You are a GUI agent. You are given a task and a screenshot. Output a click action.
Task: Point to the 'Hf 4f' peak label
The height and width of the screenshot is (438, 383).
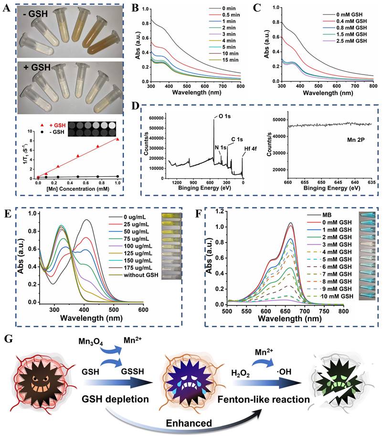(244, 154)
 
